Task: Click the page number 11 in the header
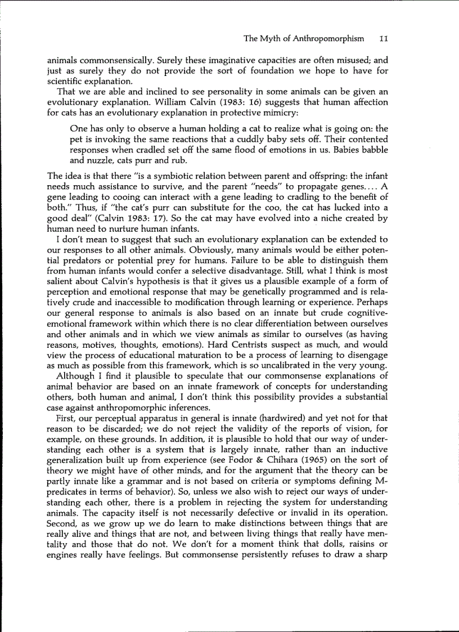coord(384,39)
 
